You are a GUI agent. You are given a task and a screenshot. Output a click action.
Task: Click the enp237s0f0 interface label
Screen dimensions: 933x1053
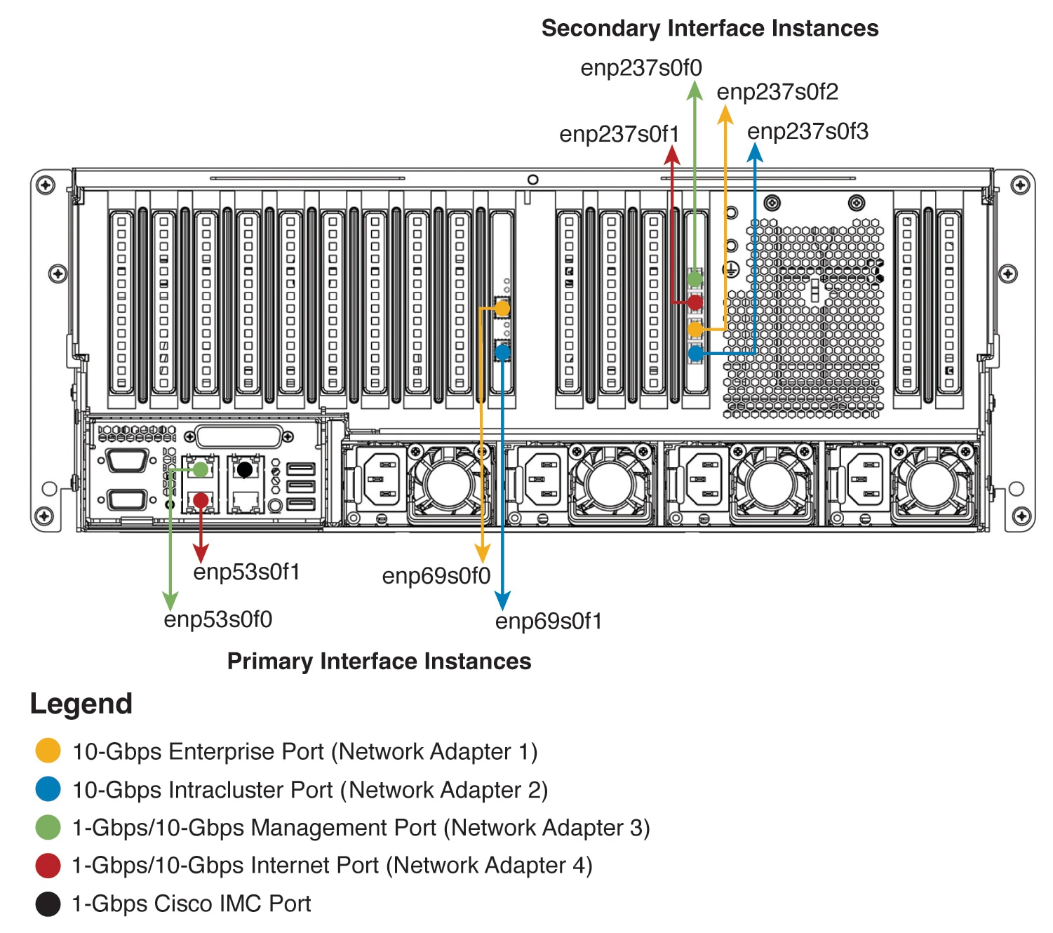(640, 68)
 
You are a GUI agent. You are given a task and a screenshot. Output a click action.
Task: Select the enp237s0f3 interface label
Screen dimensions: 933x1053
(807, 131)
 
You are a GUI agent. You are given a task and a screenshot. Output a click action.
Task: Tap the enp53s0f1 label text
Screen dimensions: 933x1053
(246, 572)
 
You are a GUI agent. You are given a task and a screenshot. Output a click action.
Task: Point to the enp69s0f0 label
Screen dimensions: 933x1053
(436, 576)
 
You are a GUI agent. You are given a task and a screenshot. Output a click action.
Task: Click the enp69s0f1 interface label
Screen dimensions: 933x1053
(548, 621)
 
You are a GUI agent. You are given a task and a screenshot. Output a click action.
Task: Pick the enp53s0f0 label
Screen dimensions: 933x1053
(217, 619)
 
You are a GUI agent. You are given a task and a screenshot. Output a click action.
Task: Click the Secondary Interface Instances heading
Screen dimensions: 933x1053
(709, 28)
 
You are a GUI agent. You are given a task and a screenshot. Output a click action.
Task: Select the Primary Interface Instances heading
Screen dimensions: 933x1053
(379, 661)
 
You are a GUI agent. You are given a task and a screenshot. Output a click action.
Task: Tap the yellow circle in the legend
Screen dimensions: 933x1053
(48, 751)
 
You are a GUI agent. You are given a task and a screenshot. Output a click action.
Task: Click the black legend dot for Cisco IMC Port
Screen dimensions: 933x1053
(48, 904)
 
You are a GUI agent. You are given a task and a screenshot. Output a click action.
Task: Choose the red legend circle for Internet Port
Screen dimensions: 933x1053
(48, 865)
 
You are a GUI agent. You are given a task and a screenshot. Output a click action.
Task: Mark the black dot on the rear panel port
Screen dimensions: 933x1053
(245, 469)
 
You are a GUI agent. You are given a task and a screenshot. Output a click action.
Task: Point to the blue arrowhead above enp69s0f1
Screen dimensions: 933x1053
(502, 600)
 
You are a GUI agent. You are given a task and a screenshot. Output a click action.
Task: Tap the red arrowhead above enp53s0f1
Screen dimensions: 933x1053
(201, 552)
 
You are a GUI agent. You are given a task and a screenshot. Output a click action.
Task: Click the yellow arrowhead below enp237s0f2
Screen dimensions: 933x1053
(725, 114)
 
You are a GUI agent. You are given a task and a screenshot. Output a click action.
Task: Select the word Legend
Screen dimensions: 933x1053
(81, 704)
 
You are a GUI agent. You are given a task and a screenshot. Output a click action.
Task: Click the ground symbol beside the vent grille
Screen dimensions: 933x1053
(732, 269)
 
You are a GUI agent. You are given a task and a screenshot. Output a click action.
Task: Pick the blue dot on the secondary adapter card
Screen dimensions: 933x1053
(695, 354)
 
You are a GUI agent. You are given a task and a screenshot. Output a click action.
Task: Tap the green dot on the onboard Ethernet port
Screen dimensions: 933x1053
(201, 469)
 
